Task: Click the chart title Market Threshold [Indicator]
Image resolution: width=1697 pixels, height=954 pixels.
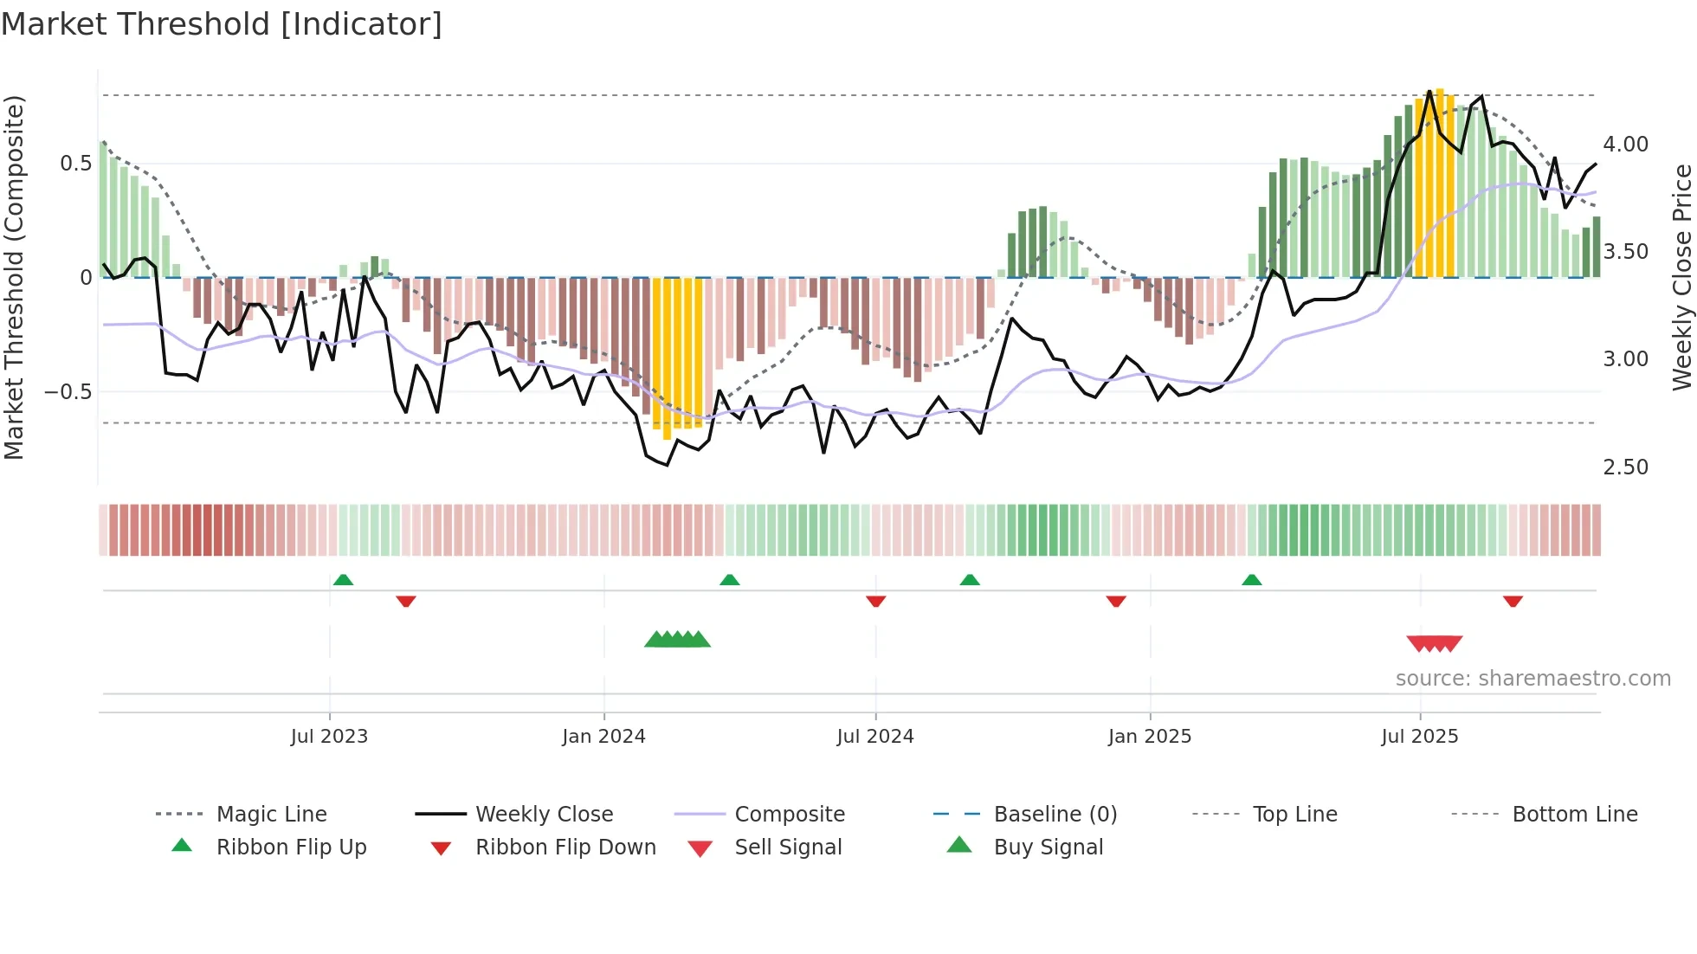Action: [x=222, y=24]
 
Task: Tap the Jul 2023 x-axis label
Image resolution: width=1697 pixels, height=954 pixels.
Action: [x=329, y=737]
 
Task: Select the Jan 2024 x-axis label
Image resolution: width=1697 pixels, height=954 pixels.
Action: [x=603, y=737]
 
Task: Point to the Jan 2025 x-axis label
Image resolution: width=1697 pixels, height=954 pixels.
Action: [x=1149, y=737]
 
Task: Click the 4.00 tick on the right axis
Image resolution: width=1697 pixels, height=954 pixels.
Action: [x=1625, y=145]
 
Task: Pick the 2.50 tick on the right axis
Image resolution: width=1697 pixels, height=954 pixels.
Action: [x=1625, y=467]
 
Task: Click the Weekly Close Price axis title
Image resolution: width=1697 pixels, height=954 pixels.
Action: [x=1681, y=277]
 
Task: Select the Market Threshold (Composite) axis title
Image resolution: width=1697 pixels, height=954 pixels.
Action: [x=14, y=277]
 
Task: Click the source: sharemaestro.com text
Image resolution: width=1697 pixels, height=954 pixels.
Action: [x=1532, y=679]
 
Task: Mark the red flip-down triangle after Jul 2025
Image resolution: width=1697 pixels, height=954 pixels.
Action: [x=1513, y=601]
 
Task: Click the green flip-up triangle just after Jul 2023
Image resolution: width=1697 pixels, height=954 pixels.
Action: [x=343, y=580]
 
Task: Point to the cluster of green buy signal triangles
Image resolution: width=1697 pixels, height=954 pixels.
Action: [x=677, y=640]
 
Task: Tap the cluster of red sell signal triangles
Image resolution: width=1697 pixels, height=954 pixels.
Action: [x=1435, y=643]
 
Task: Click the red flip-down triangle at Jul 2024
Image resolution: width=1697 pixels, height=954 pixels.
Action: [x=875, y=601]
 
